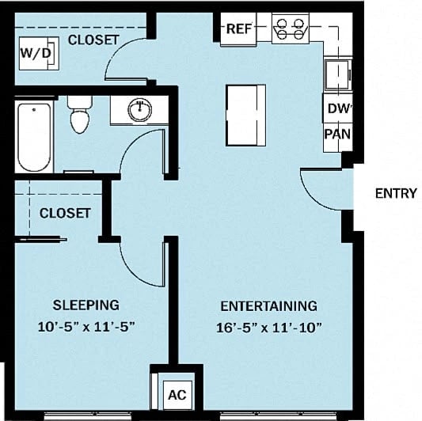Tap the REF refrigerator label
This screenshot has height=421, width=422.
(238, 29)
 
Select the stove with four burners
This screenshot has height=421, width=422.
(290, 29)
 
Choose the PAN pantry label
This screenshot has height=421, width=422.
(337, 135)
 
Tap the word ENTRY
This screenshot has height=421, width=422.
(395, 193)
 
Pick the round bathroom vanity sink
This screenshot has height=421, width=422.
(139, 111)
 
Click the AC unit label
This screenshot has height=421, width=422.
(177, 393)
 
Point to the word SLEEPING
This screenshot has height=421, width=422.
(86, 305)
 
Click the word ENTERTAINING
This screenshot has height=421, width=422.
(268, 305)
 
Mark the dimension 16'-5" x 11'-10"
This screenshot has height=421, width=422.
(269, 325)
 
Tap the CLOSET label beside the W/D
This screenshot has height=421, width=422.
(93, 39)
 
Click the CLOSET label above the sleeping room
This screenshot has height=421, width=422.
(65, 213)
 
